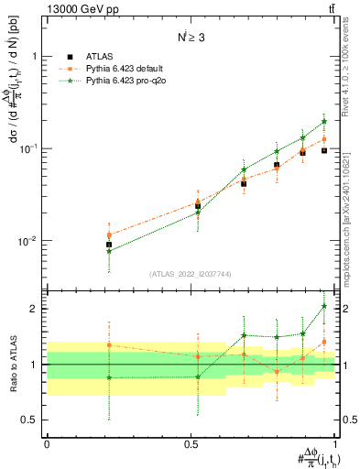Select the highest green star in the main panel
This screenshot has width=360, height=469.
324,121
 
